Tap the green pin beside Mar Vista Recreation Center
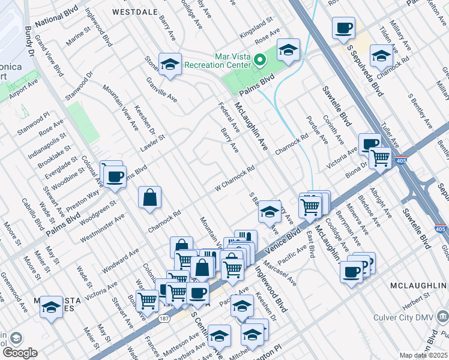[260, 59]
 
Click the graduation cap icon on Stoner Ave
[170, 64]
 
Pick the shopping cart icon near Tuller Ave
[379, 158]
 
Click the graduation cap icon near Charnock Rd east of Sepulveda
[381, 56]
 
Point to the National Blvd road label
[57, 23]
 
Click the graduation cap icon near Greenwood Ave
[51, 308]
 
